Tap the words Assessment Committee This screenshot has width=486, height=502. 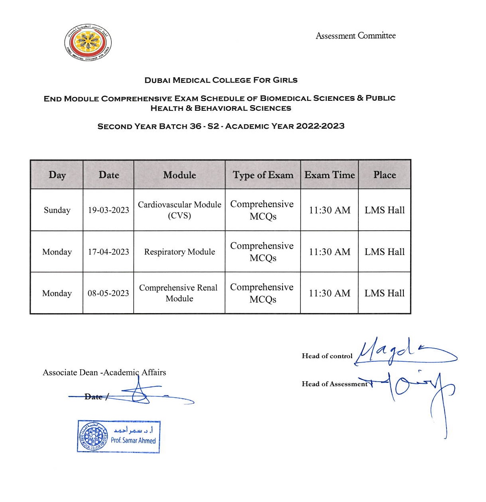tap(356, 36)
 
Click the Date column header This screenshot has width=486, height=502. tap(109, 175)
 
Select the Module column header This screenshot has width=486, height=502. tap(180, 175)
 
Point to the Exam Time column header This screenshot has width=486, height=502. tap(330, 175)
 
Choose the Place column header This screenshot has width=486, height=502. tap(385, 175)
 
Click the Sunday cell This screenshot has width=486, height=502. tap(57, 210)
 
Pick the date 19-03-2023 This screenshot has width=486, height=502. tap(109, 210)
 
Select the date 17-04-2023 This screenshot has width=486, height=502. tap(109, 252)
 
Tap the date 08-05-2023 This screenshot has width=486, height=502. tap(109, 293)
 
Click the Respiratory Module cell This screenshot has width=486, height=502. tap(180, 252)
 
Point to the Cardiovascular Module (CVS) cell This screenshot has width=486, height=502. tap(180, 210)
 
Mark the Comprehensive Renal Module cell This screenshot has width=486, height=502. tap(179, 293)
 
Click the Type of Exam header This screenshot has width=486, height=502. tap(263, 175)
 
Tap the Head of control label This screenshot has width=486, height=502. tap(327, 356)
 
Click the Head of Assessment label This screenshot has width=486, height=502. tap(334, 384)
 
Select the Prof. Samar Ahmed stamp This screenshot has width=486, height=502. tap(119, 437)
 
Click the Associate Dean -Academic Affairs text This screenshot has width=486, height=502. tap(104, 373)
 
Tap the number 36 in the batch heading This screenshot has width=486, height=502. tap(196, 126)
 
